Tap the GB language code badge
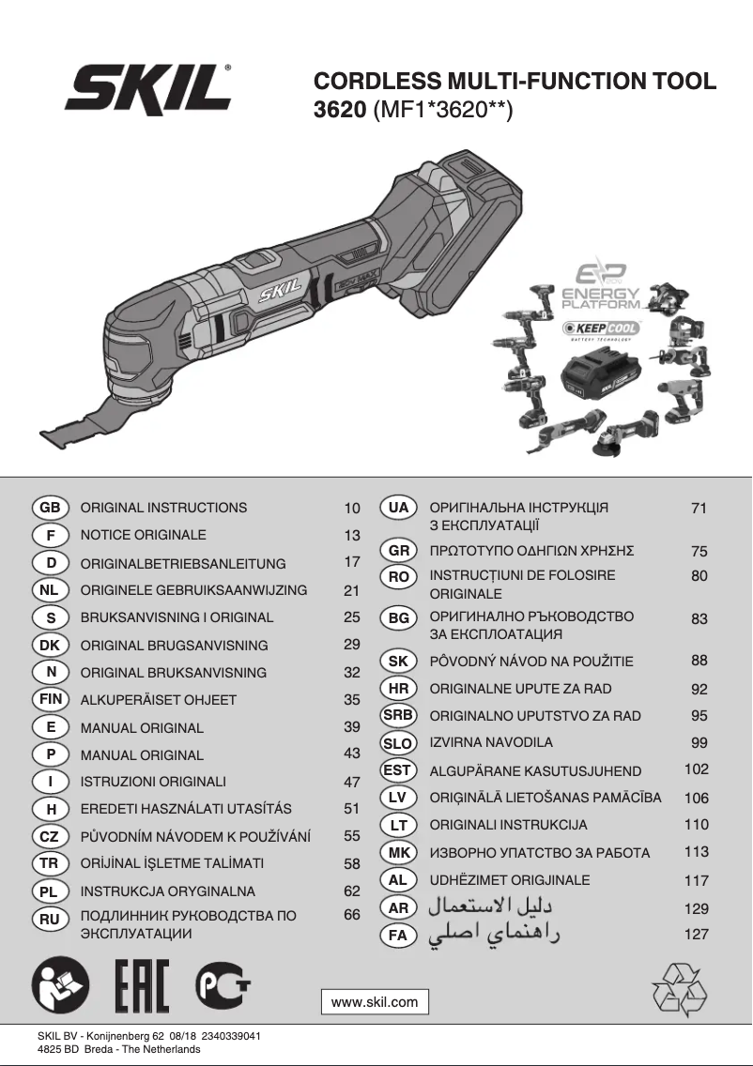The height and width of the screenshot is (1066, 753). (x=50, y=508)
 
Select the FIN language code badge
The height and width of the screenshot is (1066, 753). (x=50, y=699)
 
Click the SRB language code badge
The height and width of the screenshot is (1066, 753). (x=398, y=715)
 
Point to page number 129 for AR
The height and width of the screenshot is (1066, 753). (x=696, y=908)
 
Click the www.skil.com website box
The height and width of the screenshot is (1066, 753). (x=375, y=1002)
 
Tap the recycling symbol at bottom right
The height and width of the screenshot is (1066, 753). (x=680, y=989)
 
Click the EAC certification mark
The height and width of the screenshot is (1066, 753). (x=141, y=988)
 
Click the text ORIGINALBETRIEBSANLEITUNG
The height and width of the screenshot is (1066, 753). (x=183, y=564)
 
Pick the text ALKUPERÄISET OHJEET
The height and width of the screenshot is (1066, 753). (x=159, y=700)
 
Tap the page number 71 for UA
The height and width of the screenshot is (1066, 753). (x=698, y=509)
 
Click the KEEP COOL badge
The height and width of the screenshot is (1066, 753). (x=602, y=328)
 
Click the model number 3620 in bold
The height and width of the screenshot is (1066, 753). (x=339, y=111)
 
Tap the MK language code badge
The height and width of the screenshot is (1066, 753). (x=398, y=853)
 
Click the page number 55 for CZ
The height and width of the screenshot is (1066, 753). (x=352, y=835)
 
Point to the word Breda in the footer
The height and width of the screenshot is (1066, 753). (x=98, y=1050)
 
